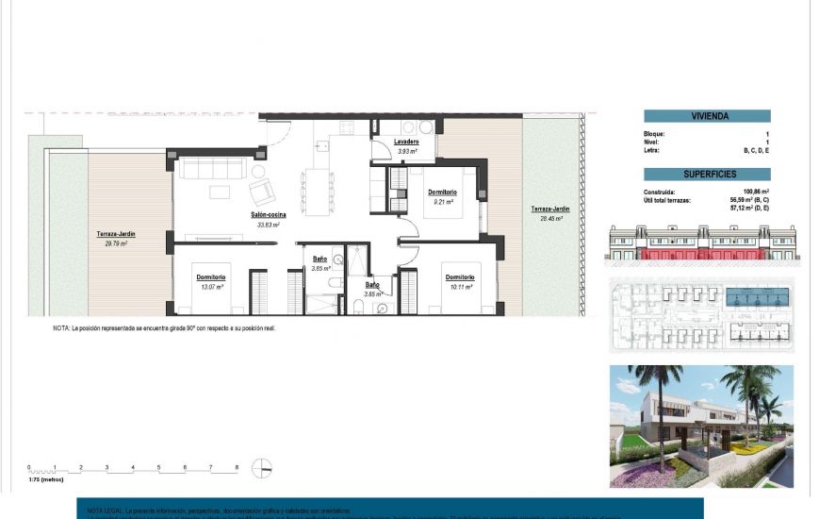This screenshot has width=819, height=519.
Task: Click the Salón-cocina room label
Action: (269, 215)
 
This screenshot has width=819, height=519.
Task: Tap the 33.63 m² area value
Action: (269, 225)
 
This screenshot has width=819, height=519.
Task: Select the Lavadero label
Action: (407, 142)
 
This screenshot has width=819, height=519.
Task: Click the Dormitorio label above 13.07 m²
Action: (211, 276)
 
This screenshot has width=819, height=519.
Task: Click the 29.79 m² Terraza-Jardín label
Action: (112, 234)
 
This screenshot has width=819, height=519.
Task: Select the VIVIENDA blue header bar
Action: (707, 116)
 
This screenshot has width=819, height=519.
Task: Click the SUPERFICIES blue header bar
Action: (707, 175)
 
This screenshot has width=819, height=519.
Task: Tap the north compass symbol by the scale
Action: (264, 468)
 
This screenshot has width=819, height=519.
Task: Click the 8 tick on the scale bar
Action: (237, 467)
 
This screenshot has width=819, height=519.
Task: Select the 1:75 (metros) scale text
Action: (45, 479)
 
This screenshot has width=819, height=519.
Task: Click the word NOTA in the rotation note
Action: (60, 328)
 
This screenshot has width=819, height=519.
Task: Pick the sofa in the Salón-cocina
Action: (213, 169)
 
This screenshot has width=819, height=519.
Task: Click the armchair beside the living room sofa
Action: (260, 192)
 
